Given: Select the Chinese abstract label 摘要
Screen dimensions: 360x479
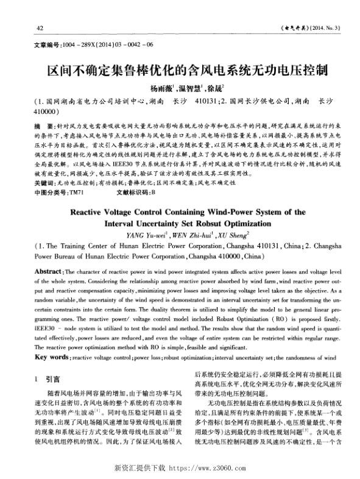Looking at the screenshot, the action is (x=44, y=126).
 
